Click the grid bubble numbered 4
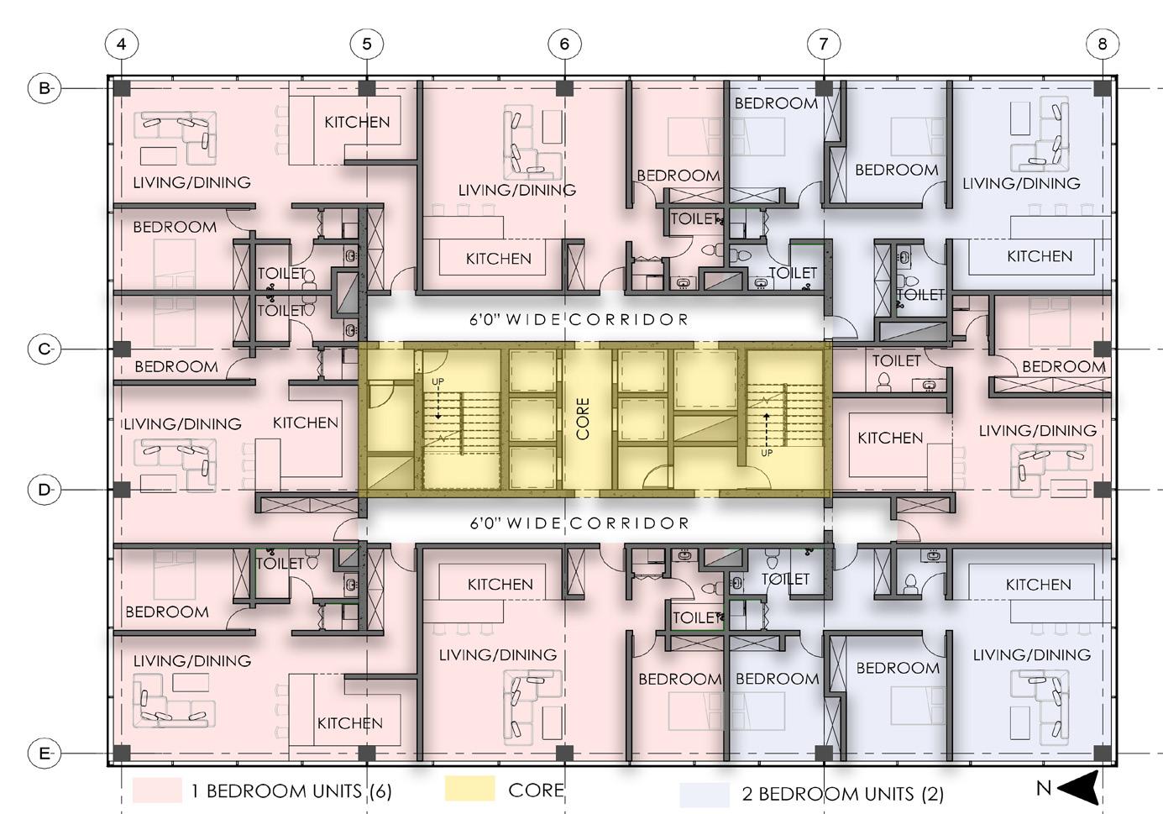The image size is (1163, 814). tap(122, 44)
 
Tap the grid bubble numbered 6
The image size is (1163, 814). tap(564, 44)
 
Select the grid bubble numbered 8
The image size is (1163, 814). tap(1102, 44)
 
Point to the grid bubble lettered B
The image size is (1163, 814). tap(45, 87)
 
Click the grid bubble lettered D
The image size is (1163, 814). tap(45, 489)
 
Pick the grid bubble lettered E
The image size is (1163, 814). tap(45, 754)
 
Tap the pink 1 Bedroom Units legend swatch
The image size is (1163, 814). tap(157, 790)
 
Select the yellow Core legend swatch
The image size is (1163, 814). tap(469, 789)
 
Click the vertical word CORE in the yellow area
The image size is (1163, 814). tap(583, 418)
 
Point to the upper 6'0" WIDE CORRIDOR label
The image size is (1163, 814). tap(579, 320)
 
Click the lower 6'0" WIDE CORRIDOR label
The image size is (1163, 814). tap(579, 523)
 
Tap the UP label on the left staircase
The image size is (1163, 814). tap(437, 382)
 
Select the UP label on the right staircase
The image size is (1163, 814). tap(766, 453)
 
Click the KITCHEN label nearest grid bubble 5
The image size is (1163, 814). tap(357, 122)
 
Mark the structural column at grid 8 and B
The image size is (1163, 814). tap(1102, 87)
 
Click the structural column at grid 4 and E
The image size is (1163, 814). tap(122, 754)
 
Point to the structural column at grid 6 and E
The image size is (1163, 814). tap(564, 754)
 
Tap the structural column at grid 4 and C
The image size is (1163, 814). tap(122, 349)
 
